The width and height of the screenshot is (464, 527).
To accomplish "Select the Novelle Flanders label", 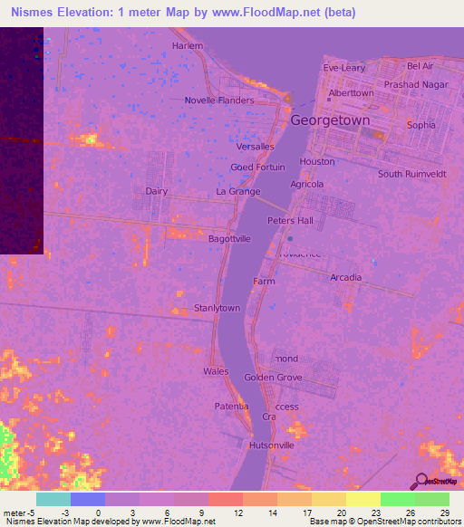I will point(219,101).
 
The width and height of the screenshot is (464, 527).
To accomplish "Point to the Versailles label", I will point(255,147).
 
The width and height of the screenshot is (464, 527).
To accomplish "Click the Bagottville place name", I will point(230,237).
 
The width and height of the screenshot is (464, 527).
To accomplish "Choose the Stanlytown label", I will point(217,308).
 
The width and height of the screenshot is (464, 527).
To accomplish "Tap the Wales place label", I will point(216,371).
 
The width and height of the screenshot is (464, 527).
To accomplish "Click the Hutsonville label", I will point(272,446).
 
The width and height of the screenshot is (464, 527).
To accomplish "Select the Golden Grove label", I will point(273,377).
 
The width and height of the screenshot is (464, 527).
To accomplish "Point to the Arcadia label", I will point(346,277).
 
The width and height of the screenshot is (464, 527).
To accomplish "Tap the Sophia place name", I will point(421,125).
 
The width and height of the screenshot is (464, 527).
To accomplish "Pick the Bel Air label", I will point(420,66).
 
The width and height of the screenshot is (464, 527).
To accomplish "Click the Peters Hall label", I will point(290,221).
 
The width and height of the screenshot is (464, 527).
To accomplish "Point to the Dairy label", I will point(157,191).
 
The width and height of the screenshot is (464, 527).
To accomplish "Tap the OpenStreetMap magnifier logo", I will point(420,481).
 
